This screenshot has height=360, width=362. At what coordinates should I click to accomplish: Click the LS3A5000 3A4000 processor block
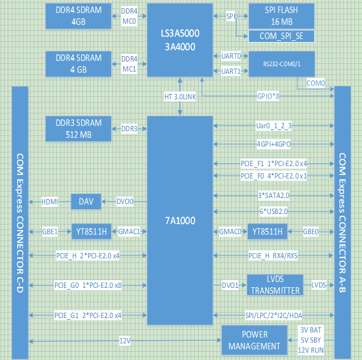tap(179, 40)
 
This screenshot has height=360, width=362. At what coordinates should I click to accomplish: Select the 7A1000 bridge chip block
tap(179, 220)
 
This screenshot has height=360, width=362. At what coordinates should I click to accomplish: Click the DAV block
tap(86, 202)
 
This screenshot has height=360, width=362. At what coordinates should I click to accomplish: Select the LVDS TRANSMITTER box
tap(274, 285)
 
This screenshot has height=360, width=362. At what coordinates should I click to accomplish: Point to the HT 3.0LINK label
tap(180, 96)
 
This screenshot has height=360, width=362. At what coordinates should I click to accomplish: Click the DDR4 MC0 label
tap(129, 16)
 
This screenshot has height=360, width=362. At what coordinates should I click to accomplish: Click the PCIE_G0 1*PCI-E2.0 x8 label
tap(88, 285)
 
